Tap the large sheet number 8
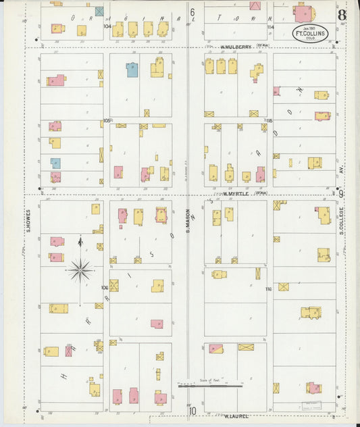343,14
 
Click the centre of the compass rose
80,270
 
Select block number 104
107,26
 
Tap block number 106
105,287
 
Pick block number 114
270,27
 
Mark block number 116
269,289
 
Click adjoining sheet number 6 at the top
192,12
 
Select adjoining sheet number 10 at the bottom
192,410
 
